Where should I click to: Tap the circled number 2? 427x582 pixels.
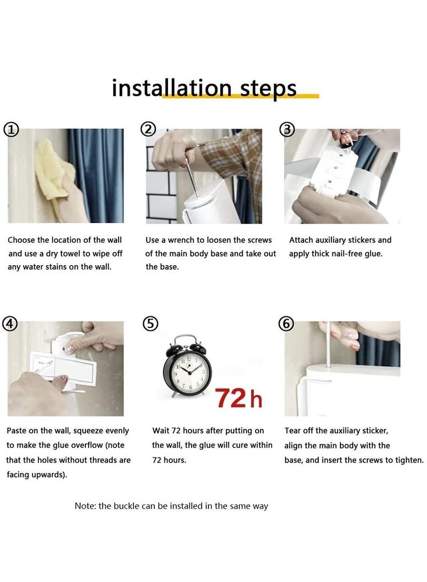148,130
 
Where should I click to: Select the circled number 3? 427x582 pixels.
287,130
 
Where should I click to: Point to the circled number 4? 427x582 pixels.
10,324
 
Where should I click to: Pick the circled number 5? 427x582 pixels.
151,324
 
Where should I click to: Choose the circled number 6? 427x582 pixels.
286,324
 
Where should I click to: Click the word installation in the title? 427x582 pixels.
172,88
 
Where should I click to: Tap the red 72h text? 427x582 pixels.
239,398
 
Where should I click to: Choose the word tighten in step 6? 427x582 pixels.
409,460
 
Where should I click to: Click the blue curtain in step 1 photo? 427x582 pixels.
97,175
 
